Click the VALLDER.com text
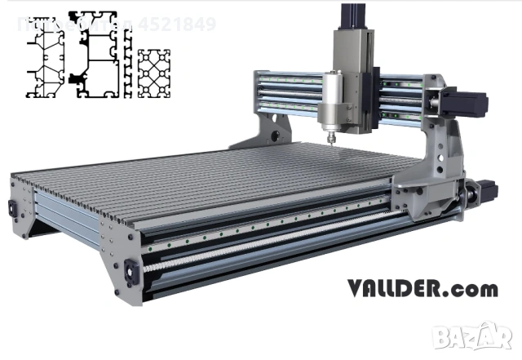click(x=422, y=289)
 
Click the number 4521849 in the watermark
click(x=178, y=24)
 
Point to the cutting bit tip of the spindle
click(x=330, y=141)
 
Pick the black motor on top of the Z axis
click(x=349, y=16)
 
